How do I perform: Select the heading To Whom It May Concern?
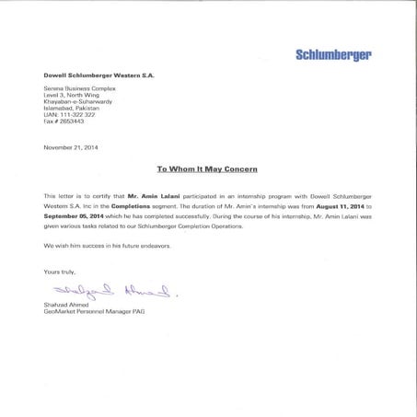tap(207, 170)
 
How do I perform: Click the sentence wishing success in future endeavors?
tap(105, 247)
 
